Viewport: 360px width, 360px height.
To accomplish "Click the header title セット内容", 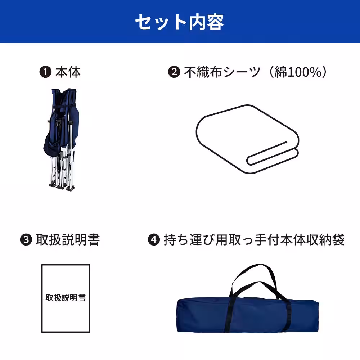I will [x=180, y=22].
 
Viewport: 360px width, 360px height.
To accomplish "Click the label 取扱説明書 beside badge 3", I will [x=67, y=240].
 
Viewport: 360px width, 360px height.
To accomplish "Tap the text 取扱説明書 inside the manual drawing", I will [x=66, y=298].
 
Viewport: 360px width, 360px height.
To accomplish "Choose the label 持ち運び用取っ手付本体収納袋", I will [x=254, y=240].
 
